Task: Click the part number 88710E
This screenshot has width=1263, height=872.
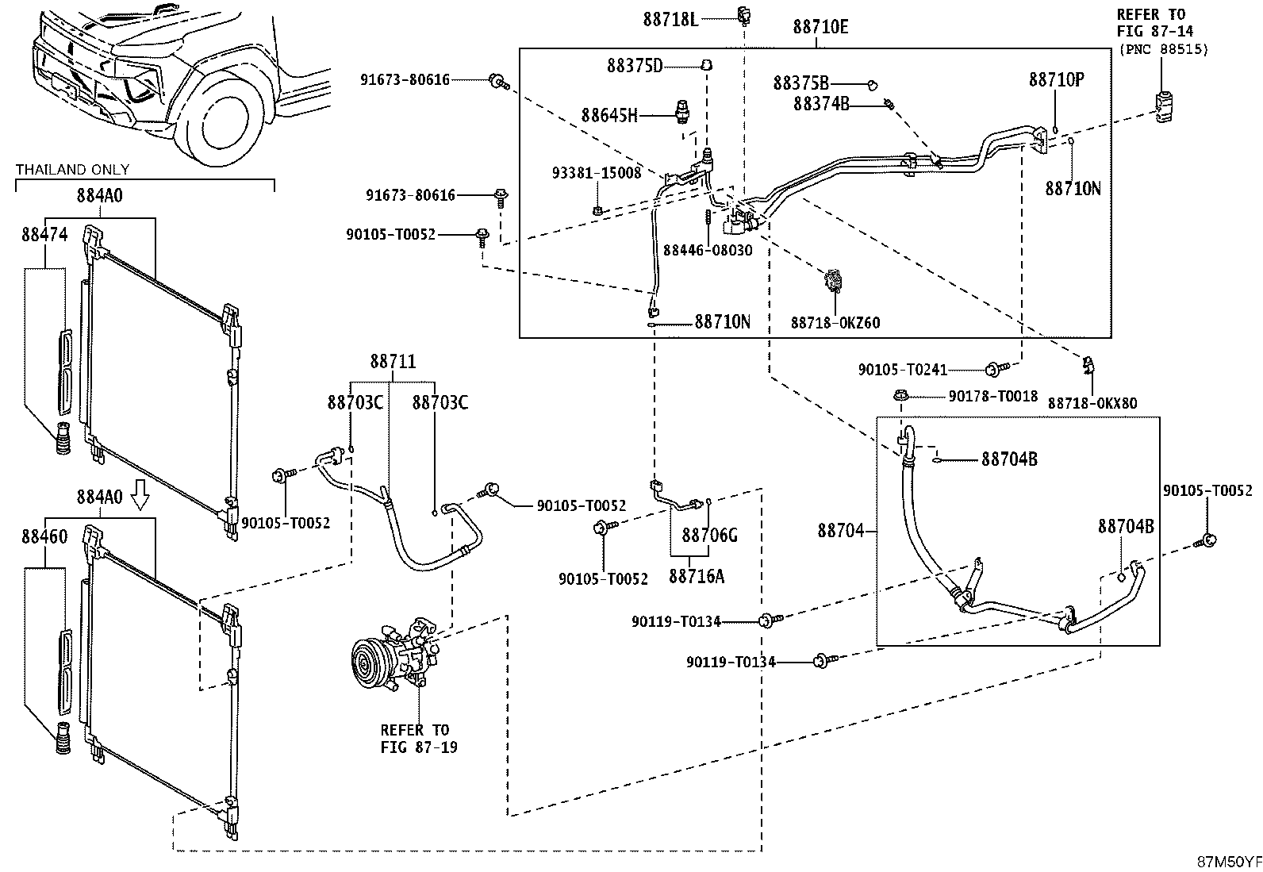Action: coord(820,27)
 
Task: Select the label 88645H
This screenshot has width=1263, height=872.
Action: coord(609,116)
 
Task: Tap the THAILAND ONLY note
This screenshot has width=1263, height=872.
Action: coord(73,170)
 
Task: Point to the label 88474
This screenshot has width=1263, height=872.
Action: coord(44,234)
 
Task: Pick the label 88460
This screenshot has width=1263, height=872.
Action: coord(44,536)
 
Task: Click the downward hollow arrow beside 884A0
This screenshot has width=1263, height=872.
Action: coord(140,495)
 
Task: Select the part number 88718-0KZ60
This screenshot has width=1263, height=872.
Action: coord(835,323)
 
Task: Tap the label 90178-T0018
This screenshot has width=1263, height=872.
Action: coord(993,397)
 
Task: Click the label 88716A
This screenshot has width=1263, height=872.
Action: coord(697,577)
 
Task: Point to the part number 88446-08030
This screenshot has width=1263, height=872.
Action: coord(708,250)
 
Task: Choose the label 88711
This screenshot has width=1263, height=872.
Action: coord(393,362)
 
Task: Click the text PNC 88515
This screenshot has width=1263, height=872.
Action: coord(1164,50)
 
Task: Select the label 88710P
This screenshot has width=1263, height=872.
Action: coord(1056,80)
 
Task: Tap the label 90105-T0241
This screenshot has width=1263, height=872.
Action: coord(903,370)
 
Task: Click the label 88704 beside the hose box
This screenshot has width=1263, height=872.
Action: coord(841,531)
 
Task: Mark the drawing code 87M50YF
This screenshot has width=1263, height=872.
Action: coord(1229,862)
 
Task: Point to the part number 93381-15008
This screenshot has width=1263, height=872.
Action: coord(597,173)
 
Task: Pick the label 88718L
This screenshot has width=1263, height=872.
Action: coord(670,21)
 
